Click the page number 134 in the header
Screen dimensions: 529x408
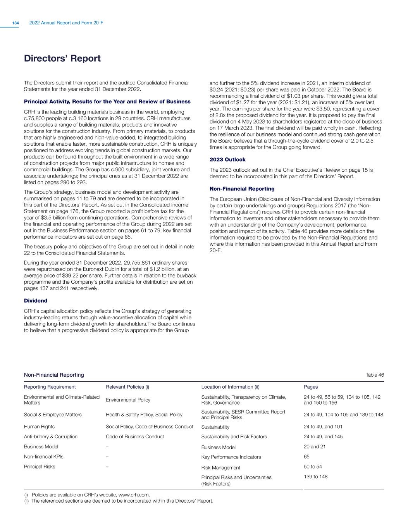coord(15,23)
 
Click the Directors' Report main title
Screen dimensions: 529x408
coord(62,59)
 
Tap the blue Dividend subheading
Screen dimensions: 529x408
coord(36,301)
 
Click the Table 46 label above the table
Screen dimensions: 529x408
coord(375,375)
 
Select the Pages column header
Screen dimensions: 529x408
coord(311,387)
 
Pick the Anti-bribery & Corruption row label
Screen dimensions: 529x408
coord(51,436)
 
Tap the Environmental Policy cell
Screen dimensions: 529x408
coord(128,400)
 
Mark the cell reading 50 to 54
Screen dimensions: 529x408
coord(313,467)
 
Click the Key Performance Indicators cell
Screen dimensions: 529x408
coord(231,457)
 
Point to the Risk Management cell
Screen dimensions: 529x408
coord(221,468)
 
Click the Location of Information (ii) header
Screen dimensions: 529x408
coord(230,387)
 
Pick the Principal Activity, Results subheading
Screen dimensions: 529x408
coord(107,102)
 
